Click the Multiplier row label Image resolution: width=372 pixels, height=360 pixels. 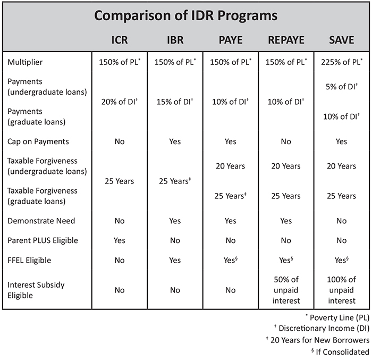click(25, 62)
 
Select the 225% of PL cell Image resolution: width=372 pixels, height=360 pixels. click(341, 62)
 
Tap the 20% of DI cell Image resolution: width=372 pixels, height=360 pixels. click(119, 102)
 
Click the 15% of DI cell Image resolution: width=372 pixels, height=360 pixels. click(174, 102)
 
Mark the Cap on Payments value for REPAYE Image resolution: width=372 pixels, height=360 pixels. click(286, 141)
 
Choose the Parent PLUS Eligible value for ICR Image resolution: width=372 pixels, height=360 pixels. click(119, 240)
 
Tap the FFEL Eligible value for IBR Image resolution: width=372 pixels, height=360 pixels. click(174, 260)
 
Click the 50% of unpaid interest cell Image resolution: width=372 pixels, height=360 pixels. click(286, 290)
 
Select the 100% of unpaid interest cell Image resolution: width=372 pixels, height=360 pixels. click(341, 290)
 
